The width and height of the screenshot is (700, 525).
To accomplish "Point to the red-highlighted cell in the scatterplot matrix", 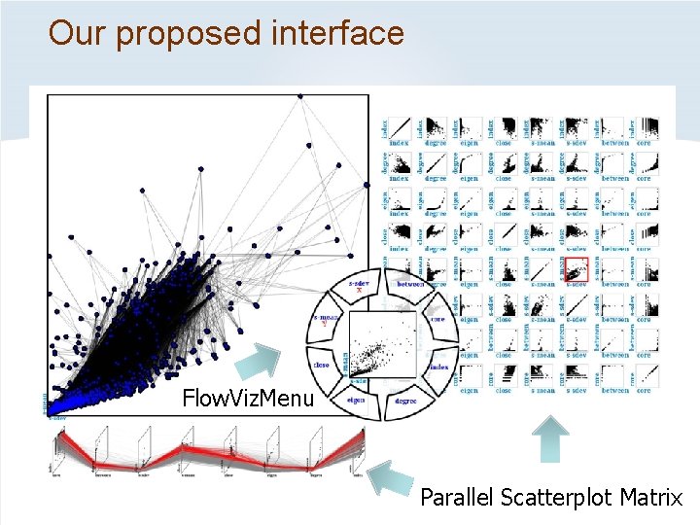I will pos(577,270).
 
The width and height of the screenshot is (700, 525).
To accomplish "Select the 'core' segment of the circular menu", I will pos(437,320).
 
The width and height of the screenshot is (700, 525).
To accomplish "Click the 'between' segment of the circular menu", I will pos(406,285).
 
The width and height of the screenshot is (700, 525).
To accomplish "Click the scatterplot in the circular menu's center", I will pos(380,343).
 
